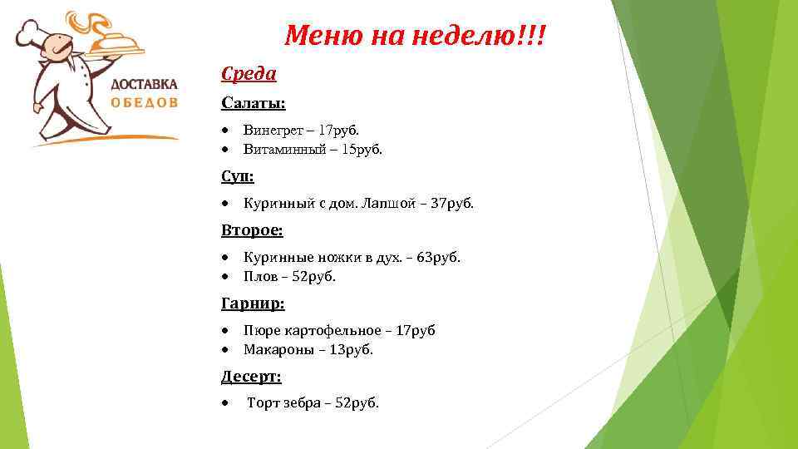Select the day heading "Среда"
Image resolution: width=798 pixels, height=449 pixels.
249,74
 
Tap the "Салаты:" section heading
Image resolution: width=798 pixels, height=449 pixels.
253,103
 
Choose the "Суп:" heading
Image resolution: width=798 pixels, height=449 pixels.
238,176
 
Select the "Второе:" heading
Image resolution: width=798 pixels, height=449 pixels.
252,229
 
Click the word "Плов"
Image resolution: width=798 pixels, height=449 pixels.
259,276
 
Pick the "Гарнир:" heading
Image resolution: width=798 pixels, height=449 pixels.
253,303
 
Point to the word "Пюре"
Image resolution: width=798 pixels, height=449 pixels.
259,330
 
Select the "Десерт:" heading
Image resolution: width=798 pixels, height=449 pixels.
251,377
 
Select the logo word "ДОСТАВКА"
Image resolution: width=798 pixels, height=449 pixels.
145,84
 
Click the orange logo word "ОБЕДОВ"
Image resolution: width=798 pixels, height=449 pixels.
145,103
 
